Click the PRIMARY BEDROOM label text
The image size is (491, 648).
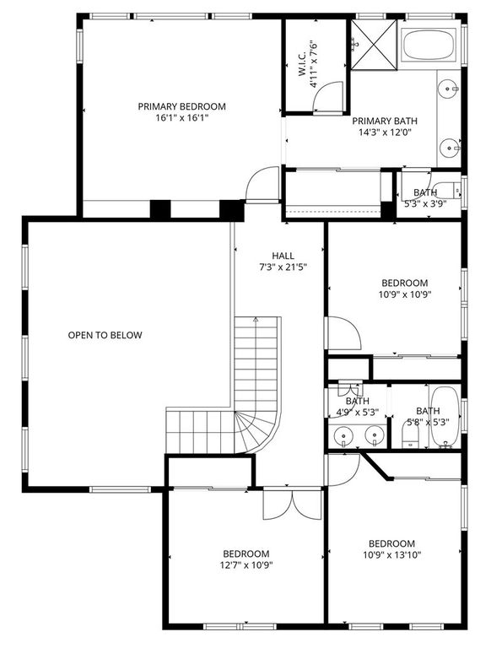182,106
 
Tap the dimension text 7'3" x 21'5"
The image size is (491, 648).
283,267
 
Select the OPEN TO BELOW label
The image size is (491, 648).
105,335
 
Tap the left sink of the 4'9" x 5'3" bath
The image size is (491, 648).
343,436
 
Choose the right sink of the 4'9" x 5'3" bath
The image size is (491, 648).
375,436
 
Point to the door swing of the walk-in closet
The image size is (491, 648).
328,97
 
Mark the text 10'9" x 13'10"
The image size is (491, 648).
392,554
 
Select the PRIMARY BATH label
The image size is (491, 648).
385,121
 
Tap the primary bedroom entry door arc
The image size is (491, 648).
263,183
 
